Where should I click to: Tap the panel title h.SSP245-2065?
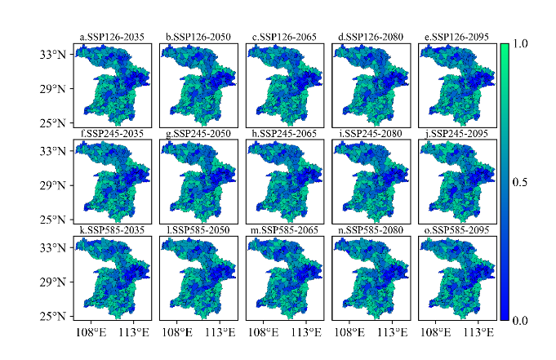[x=284, y=134]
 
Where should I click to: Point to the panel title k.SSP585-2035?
[x=113, y=230]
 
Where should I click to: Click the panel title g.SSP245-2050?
[x=198, y=134]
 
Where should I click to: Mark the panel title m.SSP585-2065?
[x=284, y=230]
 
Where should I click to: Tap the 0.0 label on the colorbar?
[x=522, y=321]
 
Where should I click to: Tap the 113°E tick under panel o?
[x=477, y=333]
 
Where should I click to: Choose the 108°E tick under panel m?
[x=263, y=333]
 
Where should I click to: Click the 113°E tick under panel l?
[x=220, y=333]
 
